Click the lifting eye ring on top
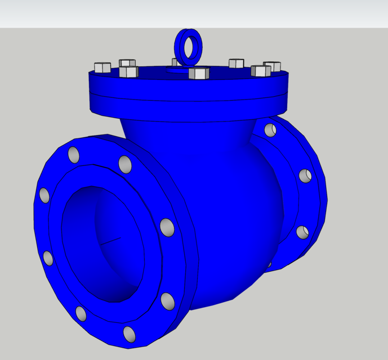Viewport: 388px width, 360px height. tap(188, 45)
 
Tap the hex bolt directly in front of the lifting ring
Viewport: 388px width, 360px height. tap(199, 73)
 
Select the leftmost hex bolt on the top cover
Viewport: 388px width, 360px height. tap(102, 67)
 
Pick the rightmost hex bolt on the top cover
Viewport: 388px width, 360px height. tap(272, 66)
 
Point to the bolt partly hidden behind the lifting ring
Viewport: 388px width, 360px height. tap(176, 62)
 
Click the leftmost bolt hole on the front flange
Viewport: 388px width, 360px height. tap(44, 195)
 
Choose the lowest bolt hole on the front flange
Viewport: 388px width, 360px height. tap(130, 334)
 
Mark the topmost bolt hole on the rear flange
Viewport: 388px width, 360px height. tap(270, 130)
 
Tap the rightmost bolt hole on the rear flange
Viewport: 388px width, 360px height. tap(305, 176)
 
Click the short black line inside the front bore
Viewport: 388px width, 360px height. tap(111, 241)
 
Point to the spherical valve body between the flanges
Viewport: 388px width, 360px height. tap(225, 214)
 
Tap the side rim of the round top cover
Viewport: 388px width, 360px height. tap(186, 98)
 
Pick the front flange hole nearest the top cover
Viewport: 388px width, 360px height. tap(125, 165)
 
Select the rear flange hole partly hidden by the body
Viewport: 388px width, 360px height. tap(269, 264)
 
